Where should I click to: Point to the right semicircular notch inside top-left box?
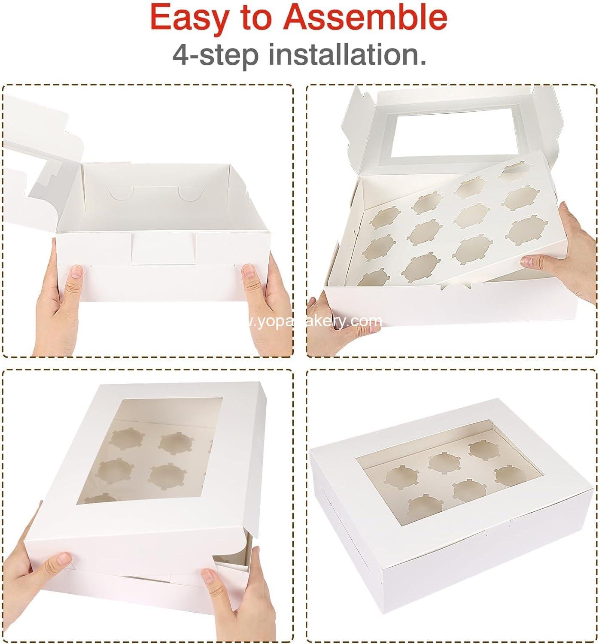coord(187,194)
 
